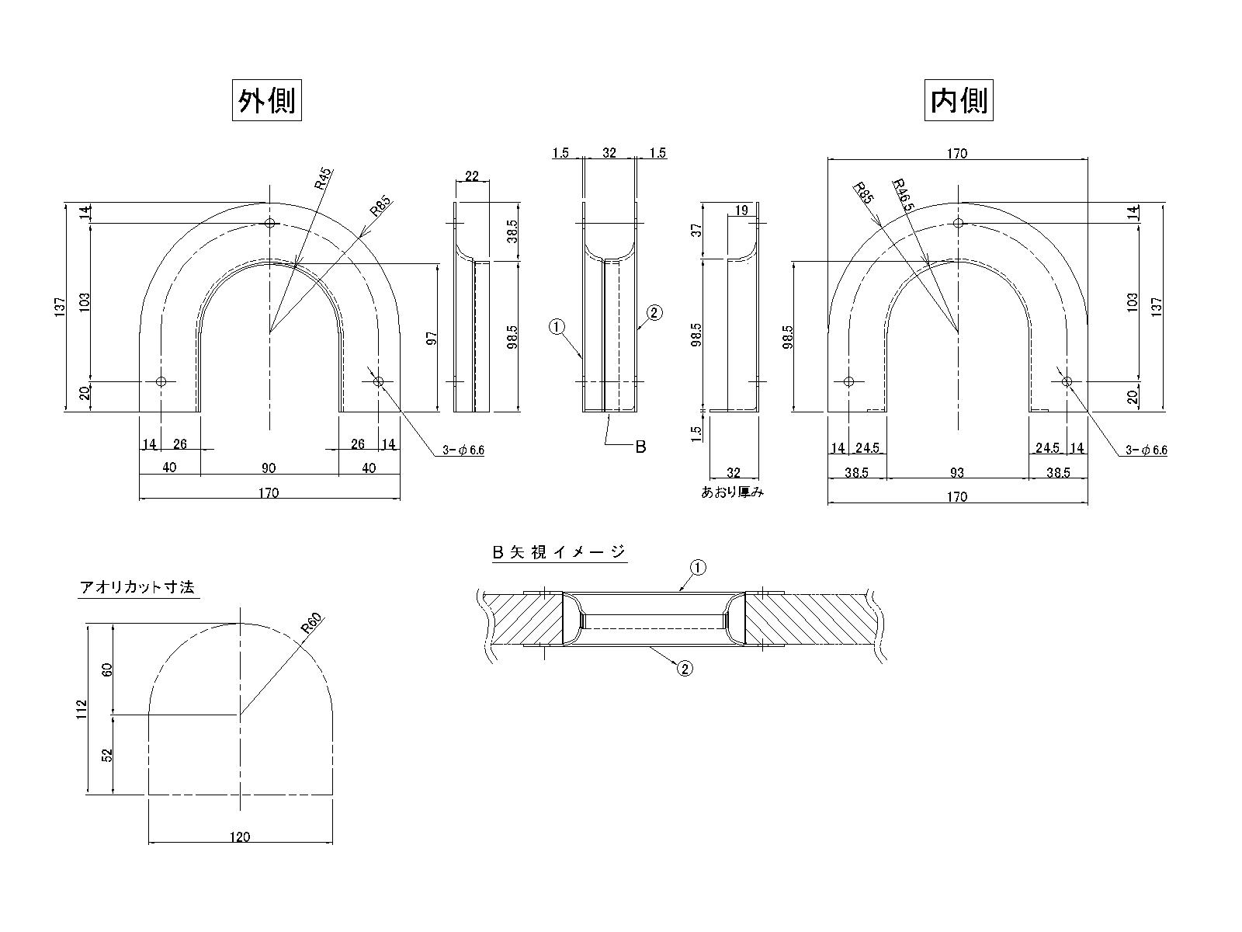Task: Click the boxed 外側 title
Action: (266, 100)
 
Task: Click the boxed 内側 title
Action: (959, 100)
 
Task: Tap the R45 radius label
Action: (324, 179)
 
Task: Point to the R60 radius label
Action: (311, 623)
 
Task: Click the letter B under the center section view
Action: (640, 447)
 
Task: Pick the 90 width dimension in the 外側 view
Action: (269, 468)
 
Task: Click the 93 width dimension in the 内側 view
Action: (957, 472)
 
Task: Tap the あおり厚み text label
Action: (732, 492)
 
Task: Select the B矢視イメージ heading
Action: (559, 552)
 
